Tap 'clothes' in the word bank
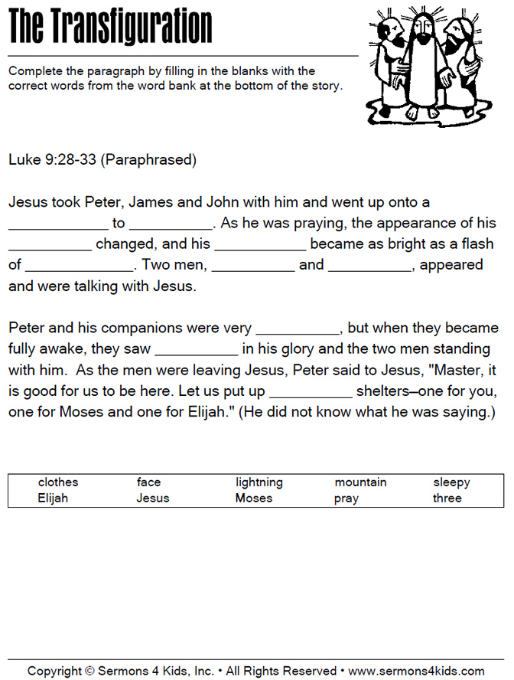tap(58, 482)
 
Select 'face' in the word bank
tap(148, 482)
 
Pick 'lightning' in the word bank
tap(259, 482)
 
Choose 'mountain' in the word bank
tap(360, 482)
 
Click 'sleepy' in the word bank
tap(451, 482)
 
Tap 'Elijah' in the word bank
tap(53, 498)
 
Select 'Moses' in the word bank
tap(254, 498)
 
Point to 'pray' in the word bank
tap(346, 499)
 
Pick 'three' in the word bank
tap(447, 498)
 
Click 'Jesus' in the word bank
tap(153, 498)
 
